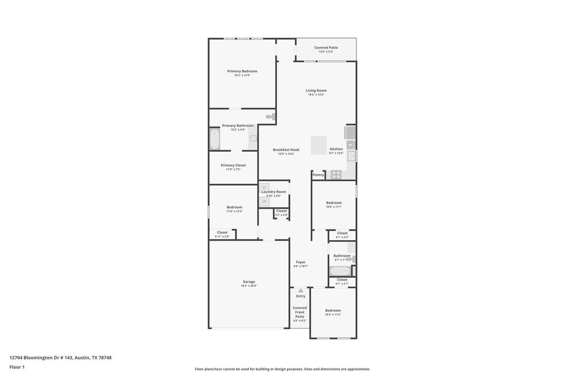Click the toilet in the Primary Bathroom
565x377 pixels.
270,116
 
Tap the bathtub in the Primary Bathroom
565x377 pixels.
215,139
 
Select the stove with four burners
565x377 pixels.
334,175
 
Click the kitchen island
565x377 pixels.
318,145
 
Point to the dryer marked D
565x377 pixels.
264,188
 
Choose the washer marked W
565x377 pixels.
264,201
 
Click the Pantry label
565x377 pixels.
318,175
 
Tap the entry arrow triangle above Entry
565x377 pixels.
300,290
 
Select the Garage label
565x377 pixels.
249,282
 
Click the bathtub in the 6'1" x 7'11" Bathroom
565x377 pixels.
340,271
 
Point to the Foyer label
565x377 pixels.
300,262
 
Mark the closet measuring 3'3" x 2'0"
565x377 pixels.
281,213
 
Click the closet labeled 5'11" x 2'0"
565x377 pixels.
222,234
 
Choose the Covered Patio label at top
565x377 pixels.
326,47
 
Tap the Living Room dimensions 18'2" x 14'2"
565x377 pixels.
316,95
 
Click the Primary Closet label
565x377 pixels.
233,165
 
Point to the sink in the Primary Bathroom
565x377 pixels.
253,139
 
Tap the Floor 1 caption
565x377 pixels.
17,367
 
